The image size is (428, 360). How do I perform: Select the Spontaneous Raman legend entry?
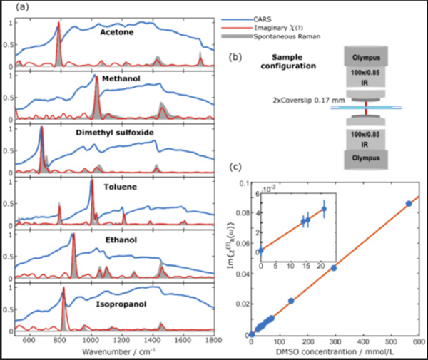(x=307, y=34)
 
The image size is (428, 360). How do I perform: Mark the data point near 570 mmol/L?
(x=408, y=204)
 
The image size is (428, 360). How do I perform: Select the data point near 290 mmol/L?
(x=333, y=268)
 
